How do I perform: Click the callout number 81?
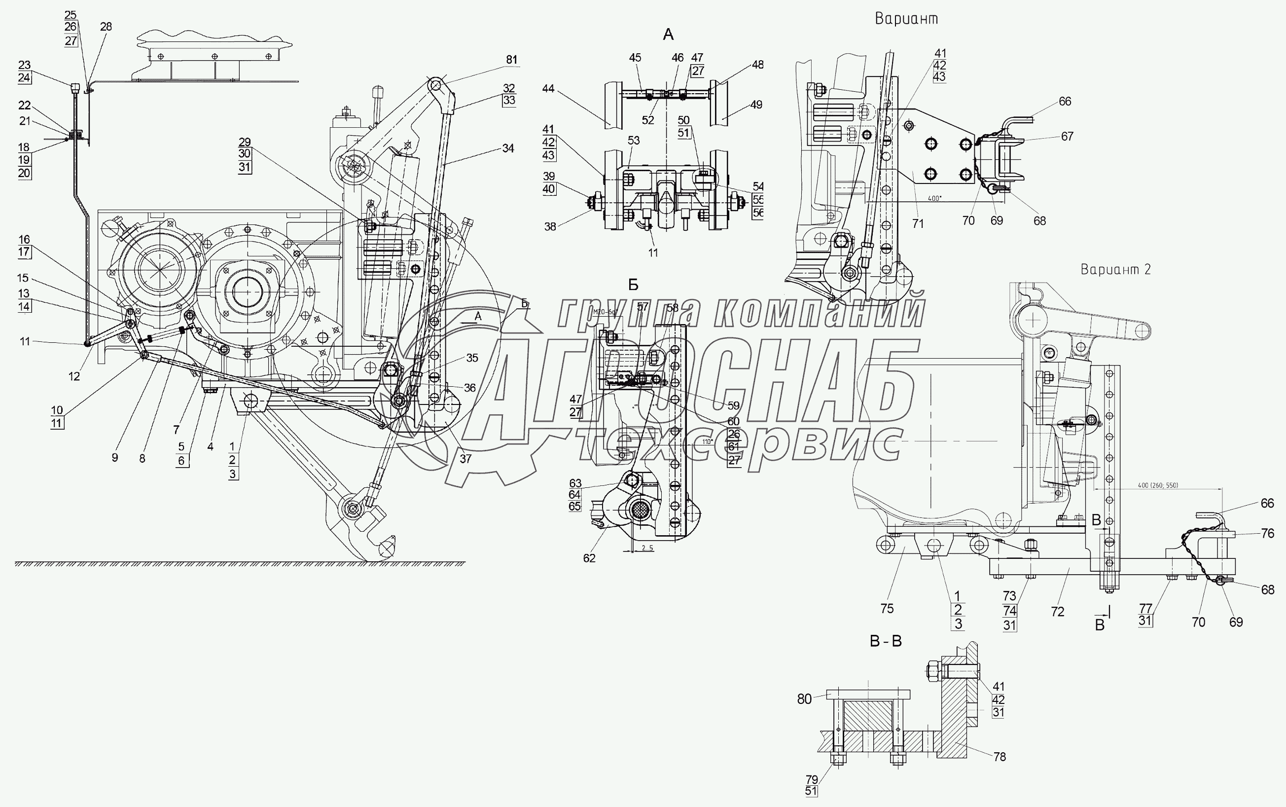(x=511, y=60)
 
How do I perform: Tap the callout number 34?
(x=508, y=148)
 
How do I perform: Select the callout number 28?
(x=106, y=27)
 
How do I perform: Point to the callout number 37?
(x=465, y=458)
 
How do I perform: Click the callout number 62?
(x=589, y=558)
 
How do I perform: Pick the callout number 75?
(x=887, y=608)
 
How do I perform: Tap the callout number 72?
(x=1058, y=612)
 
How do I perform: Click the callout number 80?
(x=804, y=699)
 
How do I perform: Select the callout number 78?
(x=1000, y=756)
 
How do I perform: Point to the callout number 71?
(x=918, y=223)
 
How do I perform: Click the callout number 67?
(x=1067, y=137)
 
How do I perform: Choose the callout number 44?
(x=548, y=89)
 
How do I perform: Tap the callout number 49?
(x=756, y=105)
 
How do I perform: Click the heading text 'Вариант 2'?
(x=1115, y=269)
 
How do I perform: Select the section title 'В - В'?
(x=886, y=641)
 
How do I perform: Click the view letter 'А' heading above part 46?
(x=668, y=35)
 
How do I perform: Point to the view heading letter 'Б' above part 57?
(x=633, y=285)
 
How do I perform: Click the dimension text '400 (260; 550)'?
(x=1157, y=485)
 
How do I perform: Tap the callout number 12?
(x=74, y=376)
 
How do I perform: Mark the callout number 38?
(x=550, y=226)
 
